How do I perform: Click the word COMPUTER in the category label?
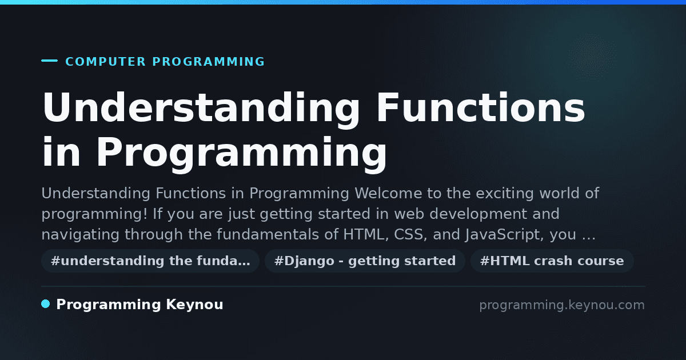coord(106,62)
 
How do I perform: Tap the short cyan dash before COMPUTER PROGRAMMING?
coord(49,61)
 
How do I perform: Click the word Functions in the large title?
coord(481,107)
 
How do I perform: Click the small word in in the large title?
coord(61,152)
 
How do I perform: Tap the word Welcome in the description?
coord(388,194)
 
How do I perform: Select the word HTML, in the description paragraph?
coord(366,235)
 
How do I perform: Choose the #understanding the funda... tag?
coord(150,261)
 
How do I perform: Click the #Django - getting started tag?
coord(365,261)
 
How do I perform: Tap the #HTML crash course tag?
coord(552,261)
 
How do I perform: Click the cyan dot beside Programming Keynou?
coord(46,304)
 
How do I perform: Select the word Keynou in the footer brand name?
coord(194,305)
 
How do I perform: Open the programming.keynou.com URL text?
coord(562,305)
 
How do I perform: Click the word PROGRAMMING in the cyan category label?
coord(208,62)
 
